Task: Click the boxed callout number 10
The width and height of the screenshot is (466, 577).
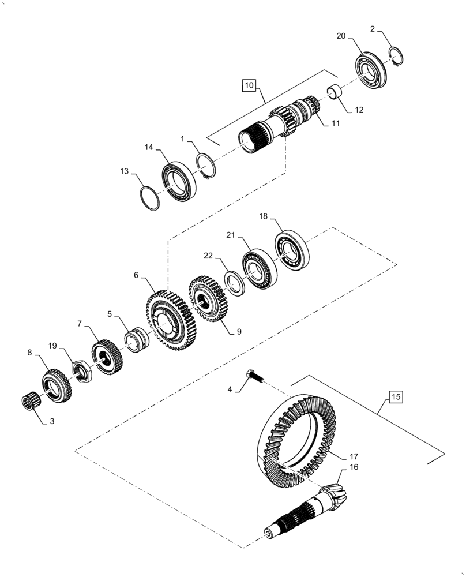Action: coord(249,85)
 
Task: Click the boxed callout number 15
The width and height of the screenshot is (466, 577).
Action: coord(396,397)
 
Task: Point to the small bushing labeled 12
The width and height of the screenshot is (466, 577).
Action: coord(334,91)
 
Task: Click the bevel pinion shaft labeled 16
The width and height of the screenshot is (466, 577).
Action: coord(311,508)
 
